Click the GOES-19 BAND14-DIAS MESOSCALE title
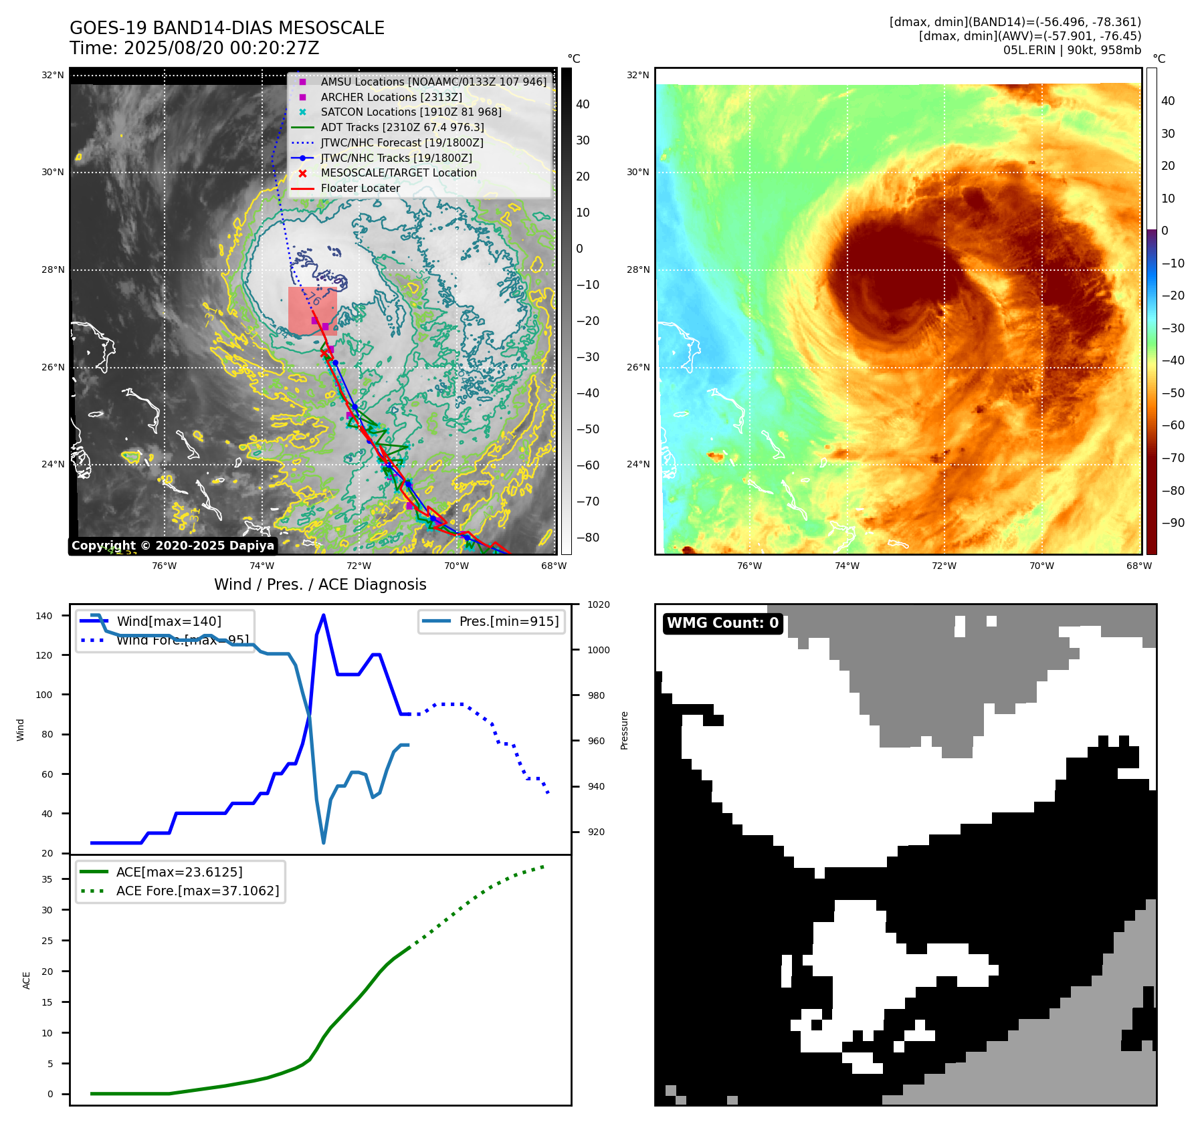(227, 28)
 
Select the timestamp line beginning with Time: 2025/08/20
(194, 48)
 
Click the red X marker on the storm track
(324, 353)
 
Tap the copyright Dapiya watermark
(173, 546)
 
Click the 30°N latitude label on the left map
(53, 172)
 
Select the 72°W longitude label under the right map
(944, 566)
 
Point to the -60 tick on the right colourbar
(1173, 425)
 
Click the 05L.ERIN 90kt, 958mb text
(1072, 50)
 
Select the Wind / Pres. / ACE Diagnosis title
(320, 584)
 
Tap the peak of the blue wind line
(324, 615)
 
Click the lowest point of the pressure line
(324, 842)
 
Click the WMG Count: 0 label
(722, 623)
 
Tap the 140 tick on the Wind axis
(44, 616)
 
